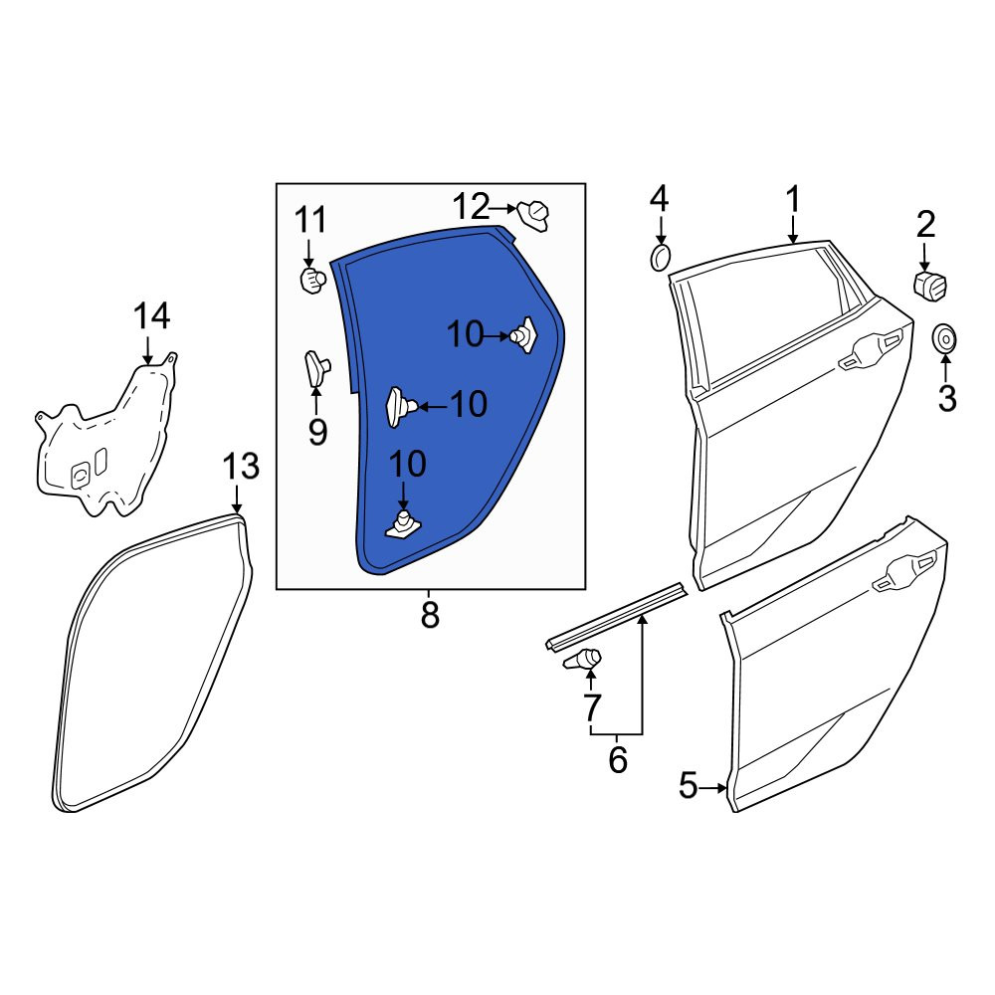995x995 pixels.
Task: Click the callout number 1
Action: tap(793, 200)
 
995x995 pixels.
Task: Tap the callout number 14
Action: tap(151, 316)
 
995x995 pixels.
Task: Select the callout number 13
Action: tap(241, 467)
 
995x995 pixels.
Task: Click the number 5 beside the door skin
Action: tap(688, 786)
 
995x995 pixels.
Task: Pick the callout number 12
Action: tap(472, 206)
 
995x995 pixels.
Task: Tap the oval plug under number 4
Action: tap(660, 257)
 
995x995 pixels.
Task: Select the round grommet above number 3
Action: tap(944, 340)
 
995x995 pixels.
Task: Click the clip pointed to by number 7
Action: tap(582, 660)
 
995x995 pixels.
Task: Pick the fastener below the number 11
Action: tap(312, 280)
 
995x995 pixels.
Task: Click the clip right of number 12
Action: tap(532, 216)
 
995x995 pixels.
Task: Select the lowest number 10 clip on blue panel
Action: tap(403, 524)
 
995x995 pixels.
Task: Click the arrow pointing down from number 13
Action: tap(236, 498)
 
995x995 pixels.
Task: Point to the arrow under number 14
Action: tap(148, 351)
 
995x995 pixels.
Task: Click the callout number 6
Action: tap(618, 759)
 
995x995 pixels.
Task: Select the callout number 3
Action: tap(947, 399)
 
